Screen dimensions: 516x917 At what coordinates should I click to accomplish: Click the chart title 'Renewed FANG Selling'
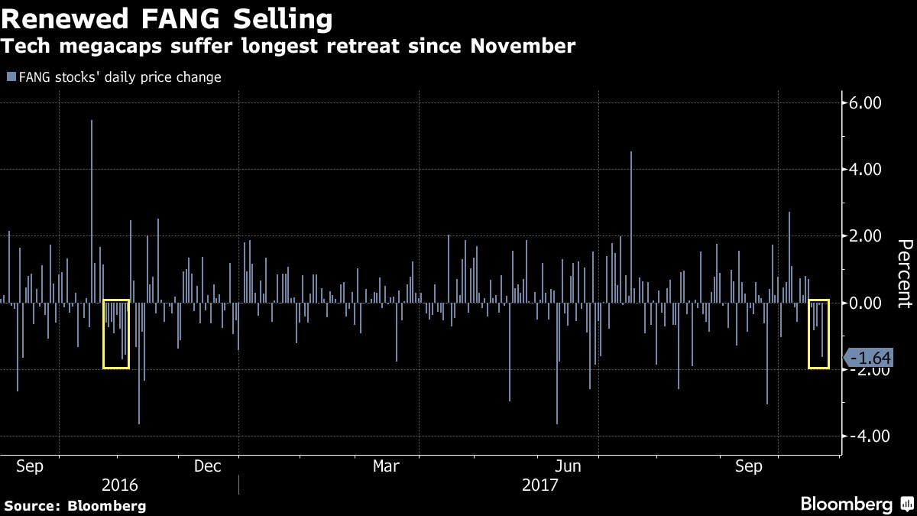(167, 18)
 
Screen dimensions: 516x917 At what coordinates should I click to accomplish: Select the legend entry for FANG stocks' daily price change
(114, 77)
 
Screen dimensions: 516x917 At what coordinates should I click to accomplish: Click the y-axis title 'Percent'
(905, 274)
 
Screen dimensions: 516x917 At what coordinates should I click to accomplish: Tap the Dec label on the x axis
(207, 466)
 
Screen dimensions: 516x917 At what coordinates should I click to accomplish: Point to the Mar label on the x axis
(387, 466)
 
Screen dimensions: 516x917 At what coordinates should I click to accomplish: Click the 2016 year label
(119, 485)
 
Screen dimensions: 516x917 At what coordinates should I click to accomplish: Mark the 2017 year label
(540, 485)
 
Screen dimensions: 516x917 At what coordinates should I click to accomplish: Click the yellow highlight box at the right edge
(819, 334)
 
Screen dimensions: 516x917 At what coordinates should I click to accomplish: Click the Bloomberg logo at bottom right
(856, 505)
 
